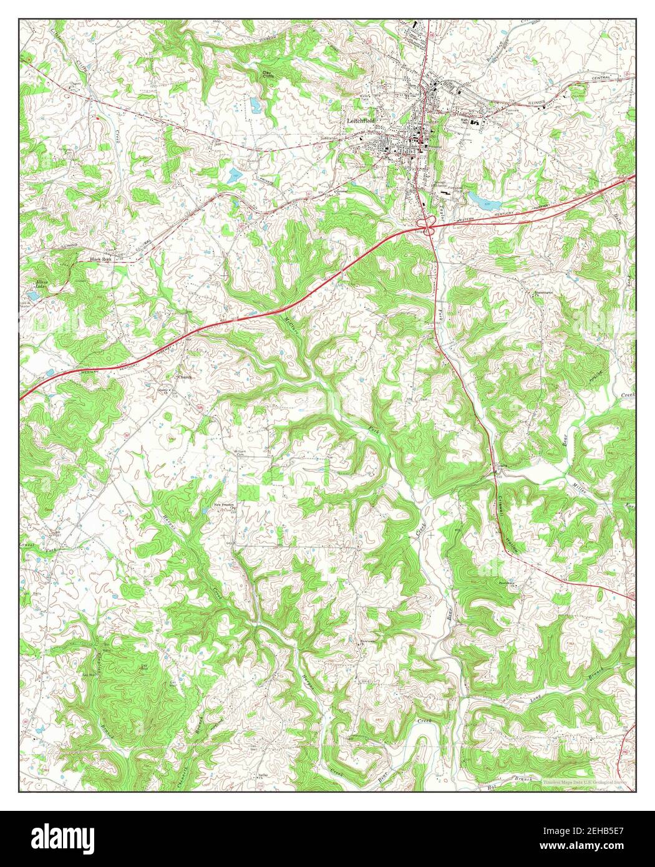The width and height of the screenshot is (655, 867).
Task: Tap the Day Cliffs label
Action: (x=268, y=76)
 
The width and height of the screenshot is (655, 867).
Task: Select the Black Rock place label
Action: (x=100, y=259)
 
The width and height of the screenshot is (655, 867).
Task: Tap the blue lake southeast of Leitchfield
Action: (x=482, y=200)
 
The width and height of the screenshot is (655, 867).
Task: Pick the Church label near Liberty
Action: (x=186, y=377)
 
